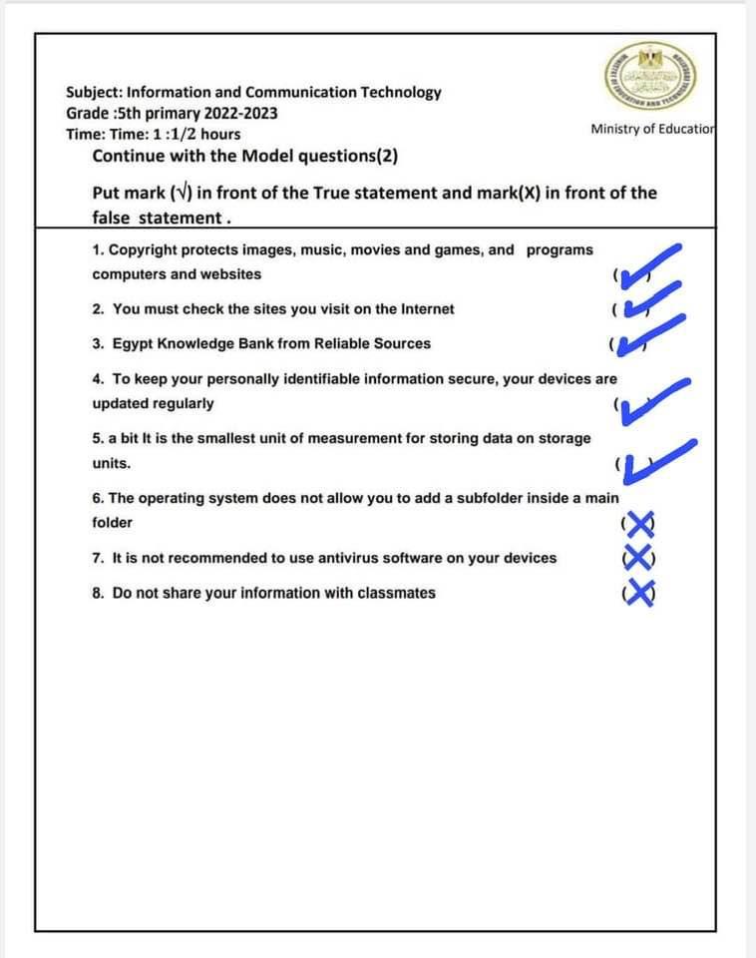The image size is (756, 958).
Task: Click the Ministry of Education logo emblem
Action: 650,78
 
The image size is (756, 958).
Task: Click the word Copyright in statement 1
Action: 143,249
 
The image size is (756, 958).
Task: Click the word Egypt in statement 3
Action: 133,343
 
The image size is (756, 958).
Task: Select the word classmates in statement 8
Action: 394,593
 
